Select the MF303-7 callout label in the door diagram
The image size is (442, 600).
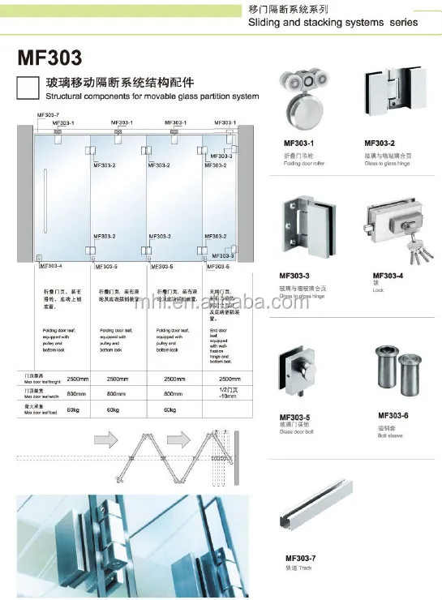point(49,115)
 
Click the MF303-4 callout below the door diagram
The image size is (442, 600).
point(49,265)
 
